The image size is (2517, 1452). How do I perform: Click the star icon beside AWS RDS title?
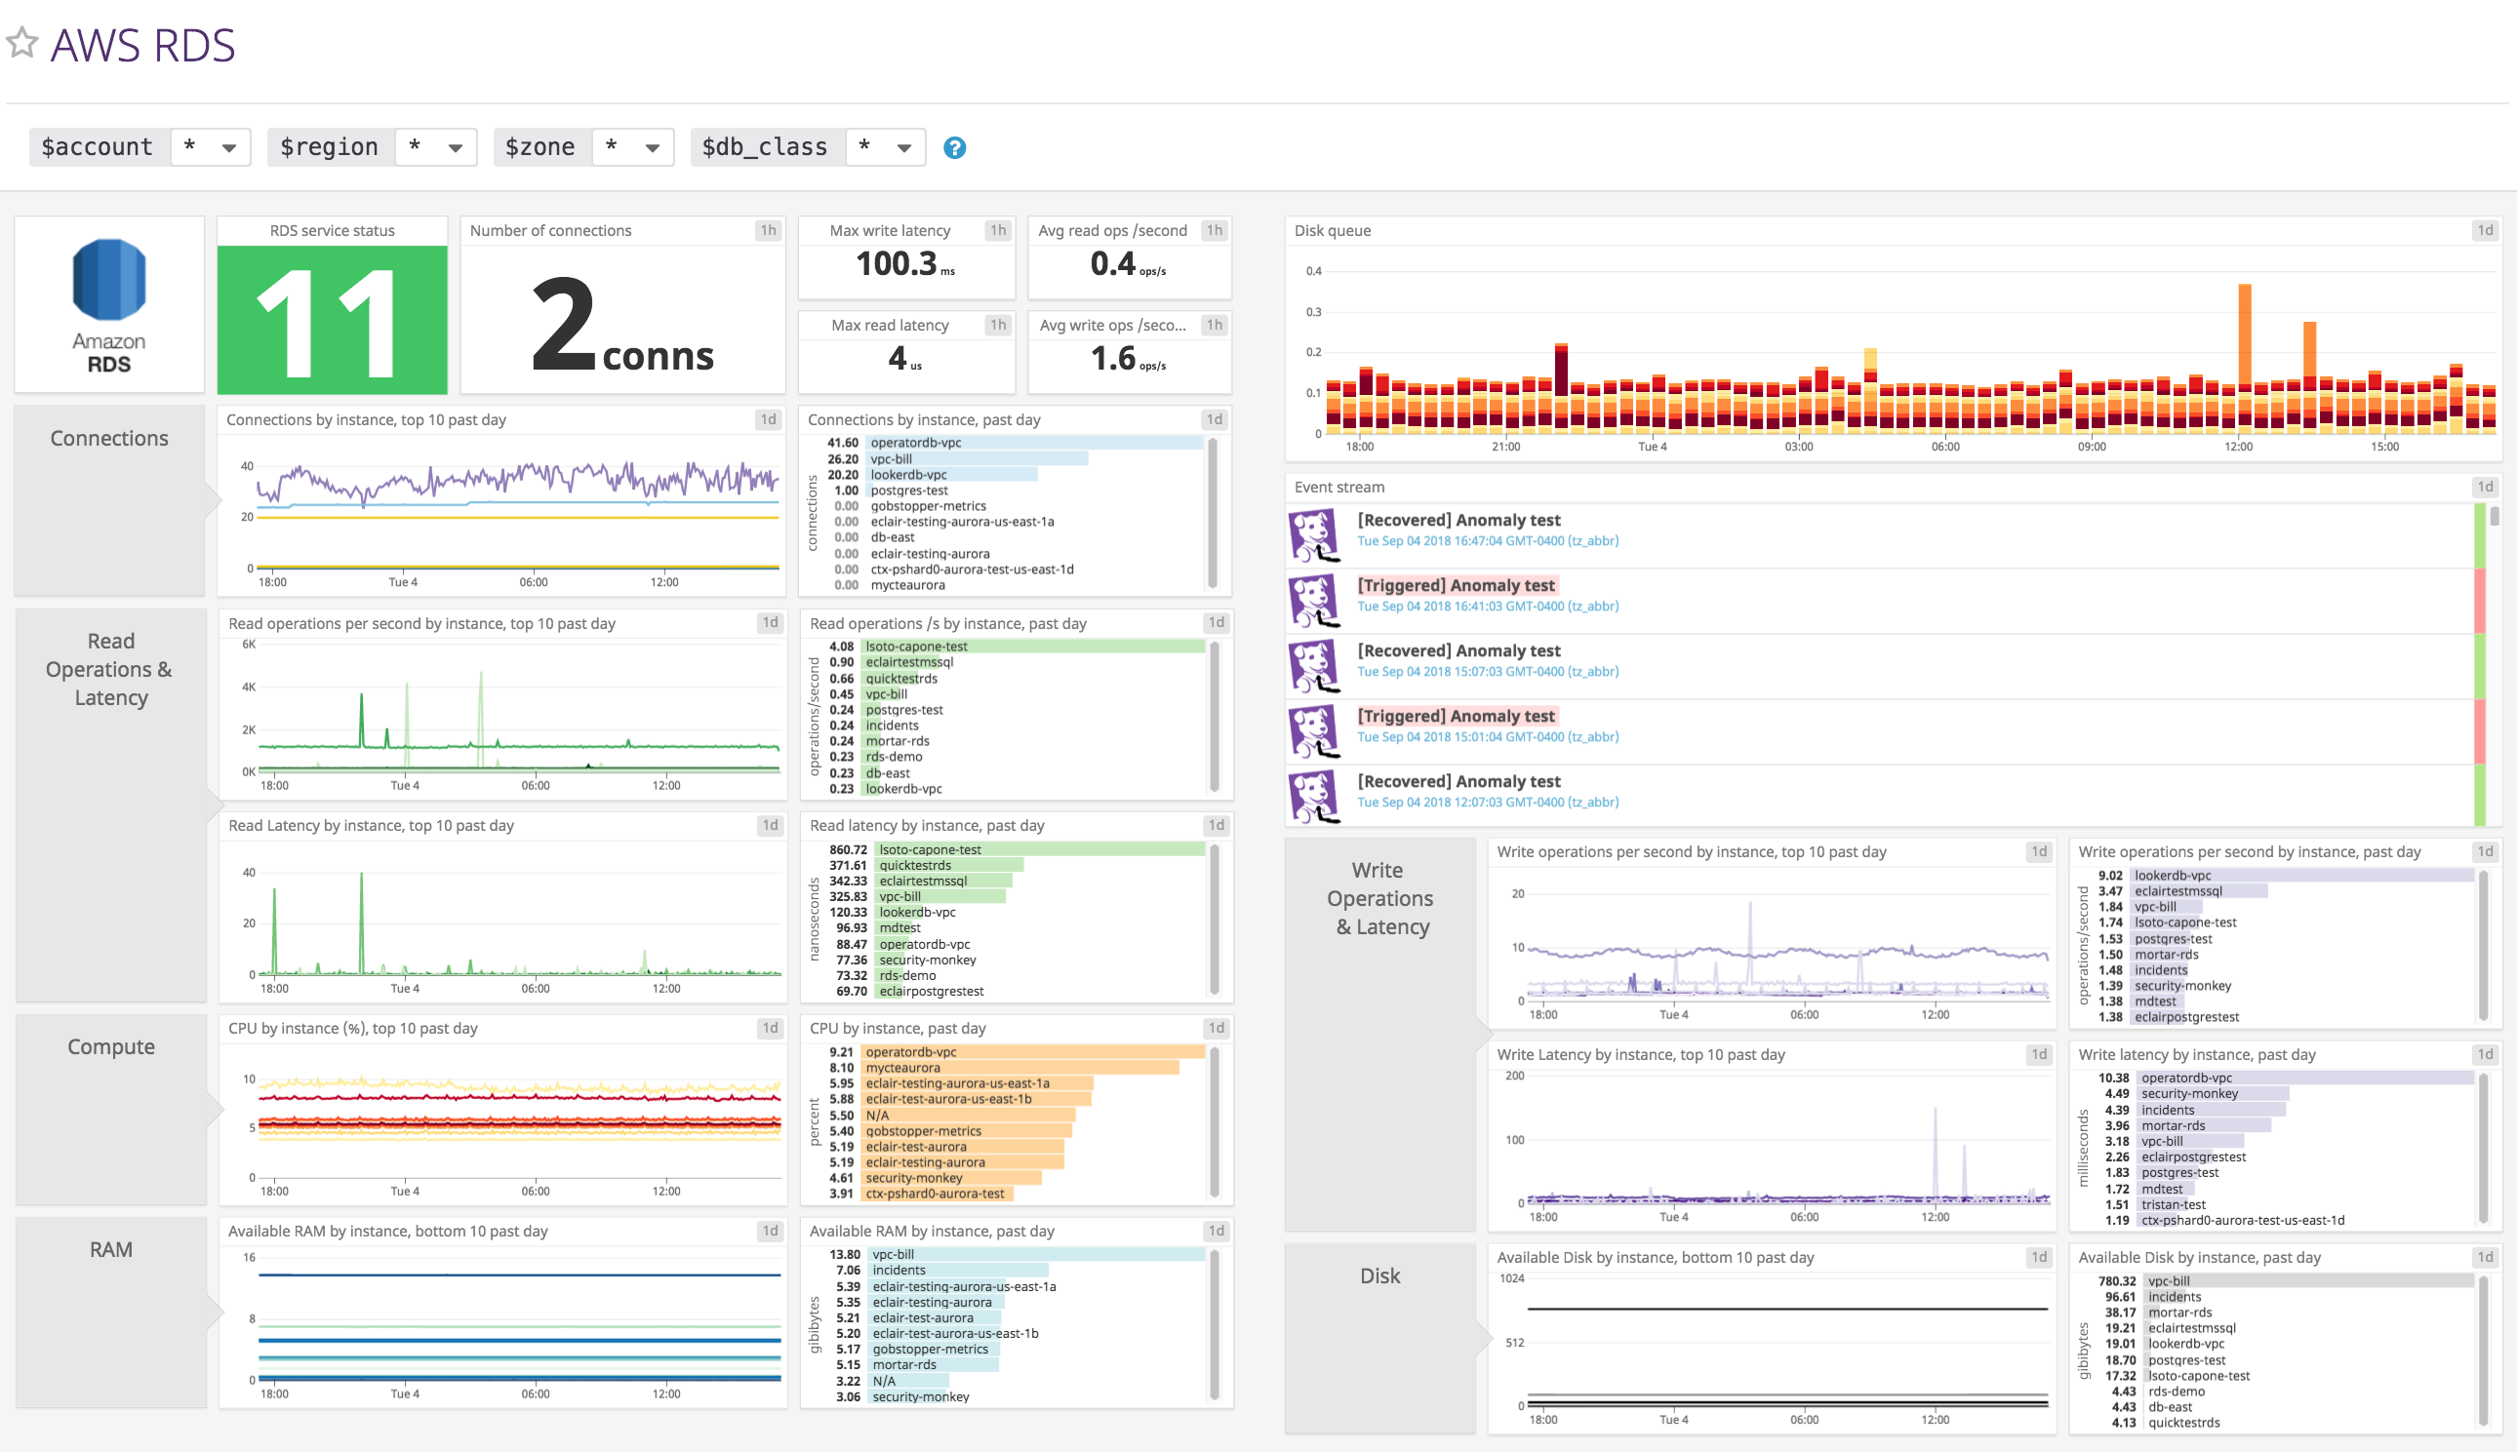click(x=21, y=43)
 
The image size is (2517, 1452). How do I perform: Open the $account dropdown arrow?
click(x=228, y=147)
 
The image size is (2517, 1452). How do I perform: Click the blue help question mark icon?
click(x=955, y=147)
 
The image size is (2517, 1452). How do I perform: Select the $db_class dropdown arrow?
click(x=903, y=147)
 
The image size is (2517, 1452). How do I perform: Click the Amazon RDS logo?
click(x=109, y=303)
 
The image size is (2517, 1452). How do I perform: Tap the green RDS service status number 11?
click(x=333, y=321)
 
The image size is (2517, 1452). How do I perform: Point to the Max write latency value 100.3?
click(x=897, y=264)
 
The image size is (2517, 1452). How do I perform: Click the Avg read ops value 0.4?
click(x=1113, y=264)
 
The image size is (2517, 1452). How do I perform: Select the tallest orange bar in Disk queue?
click(x=2245, y=334)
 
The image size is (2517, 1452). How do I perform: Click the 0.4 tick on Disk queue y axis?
click(x=1314, y=271)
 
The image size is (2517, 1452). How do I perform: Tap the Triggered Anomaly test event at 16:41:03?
click(x=1456, y=585)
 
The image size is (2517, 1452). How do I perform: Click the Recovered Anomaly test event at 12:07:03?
click(x=1458, y=782)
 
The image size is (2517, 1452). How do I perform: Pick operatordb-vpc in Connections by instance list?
click(x=916, y=443)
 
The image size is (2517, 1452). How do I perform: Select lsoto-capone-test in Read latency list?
click(x=930, y=849)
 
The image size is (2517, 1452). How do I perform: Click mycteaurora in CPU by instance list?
click(x=902, y=1067)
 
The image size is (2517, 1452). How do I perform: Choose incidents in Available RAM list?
click(x=899, y=1271)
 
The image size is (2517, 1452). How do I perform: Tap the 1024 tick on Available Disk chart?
click(x=1512, y=1278)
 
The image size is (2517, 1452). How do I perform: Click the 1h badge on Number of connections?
click(x=768, y=230)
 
